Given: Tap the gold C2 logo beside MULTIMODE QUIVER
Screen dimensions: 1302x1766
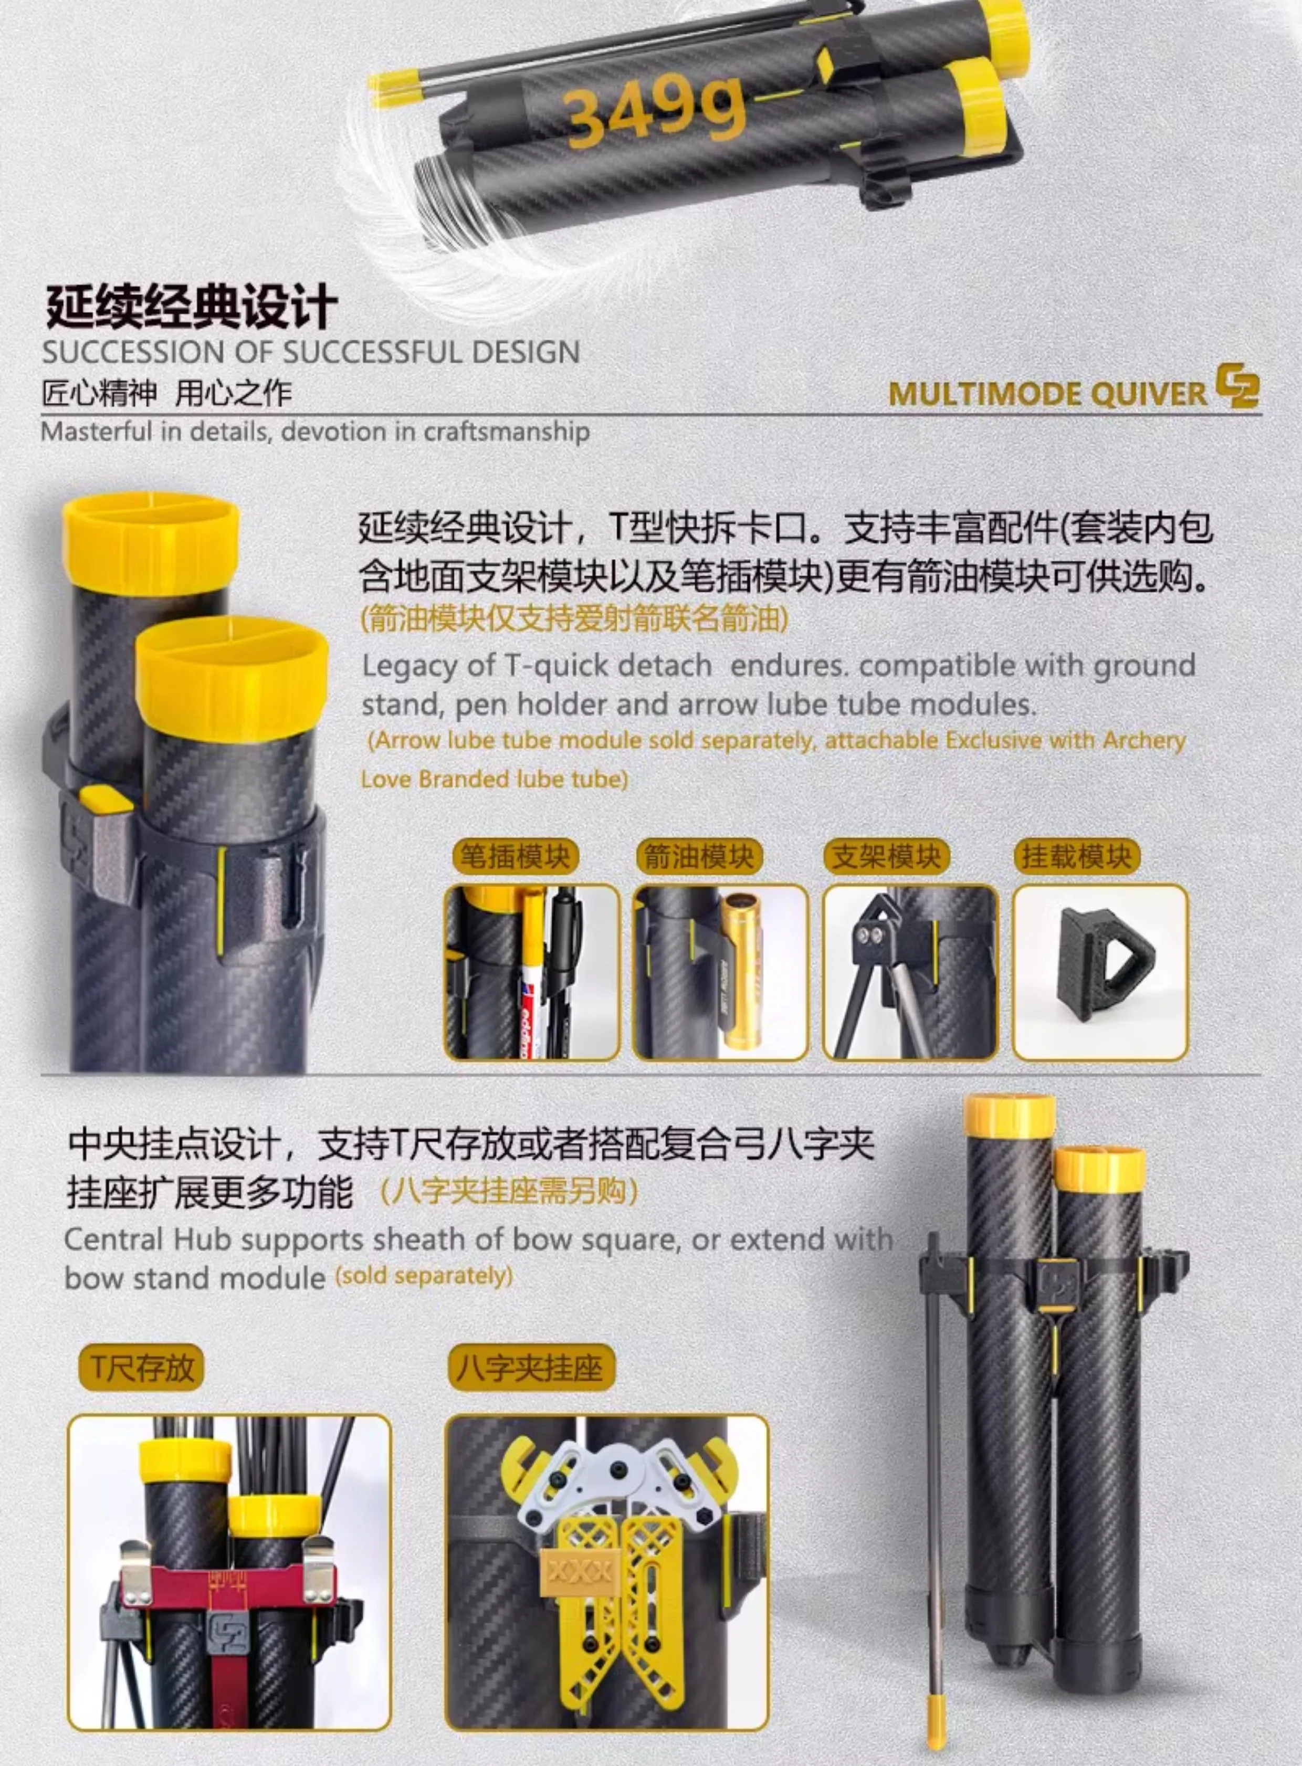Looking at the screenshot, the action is (x=1237, y=386).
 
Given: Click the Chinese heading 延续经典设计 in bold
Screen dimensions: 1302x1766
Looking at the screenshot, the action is (x=192, y=307).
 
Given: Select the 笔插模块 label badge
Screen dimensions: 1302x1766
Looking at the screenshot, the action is (x=516, y=857).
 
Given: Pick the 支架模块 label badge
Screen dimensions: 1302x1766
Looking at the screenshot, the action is (x=887, y=857).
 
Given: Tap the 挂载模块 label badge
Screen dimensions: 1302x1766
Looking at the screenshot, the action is (x=1077, y=857).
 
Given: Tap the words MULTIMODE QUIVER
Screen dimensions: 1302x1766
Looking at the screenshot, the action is (x=1047, y=393).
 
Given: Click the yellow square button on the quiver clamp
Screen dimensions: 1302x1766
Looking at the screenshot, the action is (x=107, y=798).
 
